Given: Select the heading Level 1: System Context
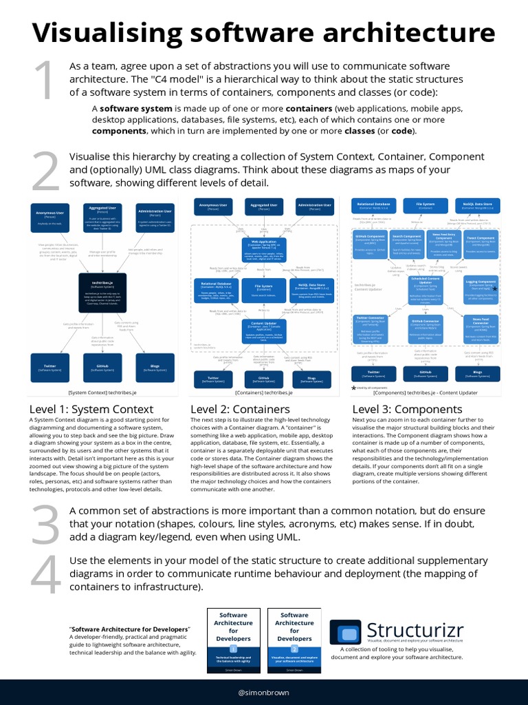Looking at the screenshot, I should point(81,409).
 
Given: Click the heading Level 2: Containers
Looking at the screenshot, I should point(230,409).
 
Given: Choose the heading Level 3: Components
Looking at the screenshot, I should point(397,409).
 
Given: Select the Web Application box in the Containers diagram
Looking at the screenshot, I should point(263,249).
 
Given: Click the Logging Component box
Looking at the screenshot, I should point(480,289).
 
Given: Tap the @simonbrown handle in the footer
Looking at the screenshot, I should point(263,693).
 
